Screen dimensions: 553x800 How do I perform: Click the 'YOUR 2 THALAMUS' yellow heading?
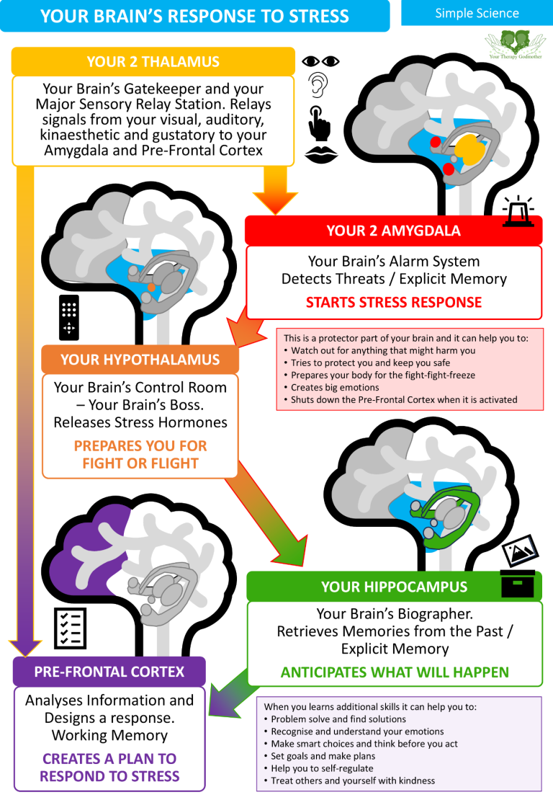153,62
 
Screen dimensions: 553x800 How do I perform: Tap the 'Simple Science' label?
477,13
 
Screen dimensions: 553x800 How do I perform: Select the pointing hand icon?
319,123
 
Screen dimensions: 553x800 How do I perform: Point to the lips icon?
320,154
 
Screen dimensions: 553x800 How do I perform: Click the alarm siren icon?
518,211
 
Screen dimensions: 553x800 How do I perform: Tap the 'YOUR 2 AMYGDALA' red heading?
393,231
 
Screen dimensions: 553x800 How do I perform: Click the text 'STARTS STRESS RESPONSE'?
393,303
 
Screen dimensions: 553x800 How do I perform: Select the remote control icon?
69,317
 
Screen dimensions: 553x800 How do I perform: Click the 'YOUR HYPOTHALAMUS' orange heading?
140,360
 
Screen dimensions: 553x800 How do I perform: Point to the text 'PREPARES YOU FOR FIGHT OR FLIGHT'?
140,455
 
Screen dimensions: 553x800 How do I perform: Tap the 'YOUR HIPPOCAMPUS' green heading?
394,587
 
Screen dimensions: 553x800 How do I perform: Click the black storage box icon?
518,584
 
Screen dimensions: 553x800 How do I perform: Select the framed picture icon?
521,551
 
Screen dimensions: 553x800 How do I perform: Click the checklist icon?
70,628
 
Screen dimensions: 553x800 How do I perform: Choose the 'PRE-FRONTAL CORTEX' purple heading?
109,672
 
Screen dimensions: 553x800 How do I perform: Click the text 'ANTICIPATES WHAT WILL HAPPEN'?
395,672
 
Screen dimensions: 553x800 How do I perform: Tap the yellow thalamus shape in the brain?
470,148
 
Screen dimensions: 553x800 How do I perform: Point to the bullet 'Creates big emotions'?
335,388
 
